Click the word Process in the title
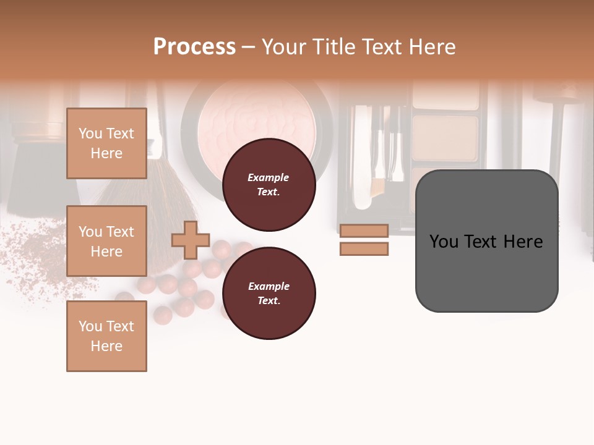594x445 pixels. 194,46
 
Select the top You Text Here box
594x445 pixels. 106,143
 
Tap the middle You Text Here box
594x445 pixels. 106,241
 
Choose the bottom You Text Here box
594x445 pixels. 106,336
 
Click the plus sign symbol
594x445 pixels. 191,240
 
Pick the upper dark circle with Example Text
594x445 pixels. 269,185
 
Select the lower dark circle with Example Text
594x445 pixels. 269,294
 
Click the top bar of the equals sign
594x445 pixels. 364,231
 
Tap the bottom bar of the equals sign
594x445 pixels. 364,249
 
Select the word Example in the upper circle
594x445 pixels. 269,177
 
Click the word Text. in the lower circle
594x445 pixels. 269,301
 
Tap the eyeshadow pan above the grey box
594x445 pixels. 445,137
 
